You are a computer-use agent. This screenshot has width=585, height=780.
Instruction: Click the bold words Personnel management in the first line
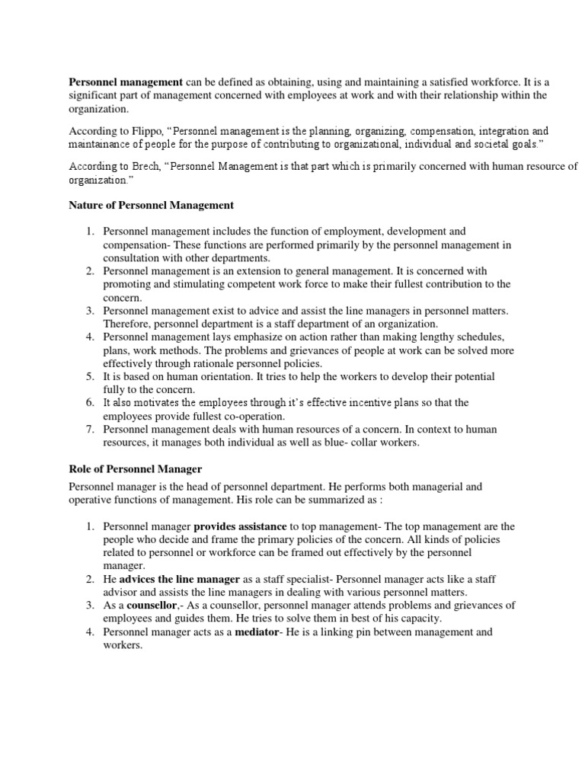coord(126,82)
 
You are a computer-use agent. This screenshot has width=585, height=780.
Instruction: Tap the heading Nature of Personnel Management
coord(152,205)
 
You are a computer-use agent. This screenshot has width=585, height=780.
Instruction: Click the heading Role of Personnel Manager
coord(135,469)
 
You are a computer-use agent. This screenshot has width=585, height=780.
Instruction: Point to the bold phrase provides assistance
coord(240,526)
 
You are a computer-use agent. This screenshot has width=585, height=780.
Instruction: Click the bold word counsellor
coord(151,606)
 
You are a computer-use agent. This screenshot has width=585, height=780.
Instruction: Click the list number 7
coord(88,430)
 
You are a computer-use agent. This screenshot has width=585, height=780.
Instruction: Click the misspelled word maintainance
coord(101,143)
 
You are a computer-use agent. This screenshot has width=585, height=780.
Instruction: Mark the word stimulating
coord(193,284)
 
